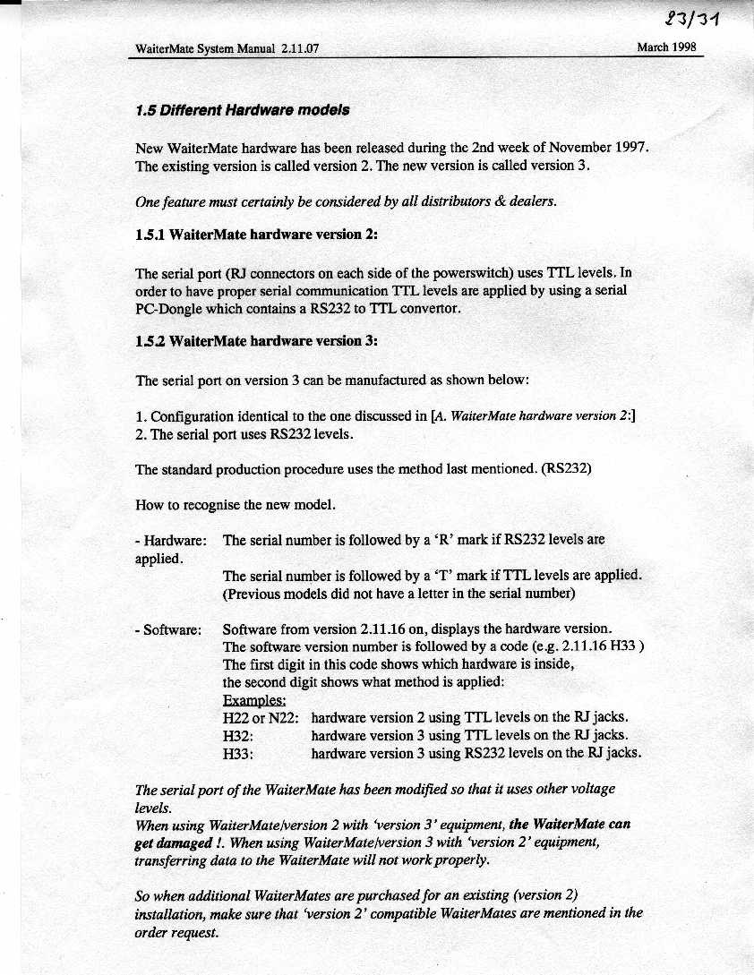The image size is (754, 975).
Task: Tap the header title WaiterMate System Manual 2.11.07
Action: click(x=227, y=49)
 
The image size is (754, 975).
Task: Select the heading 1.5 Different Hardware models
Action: click(x=242, y=111)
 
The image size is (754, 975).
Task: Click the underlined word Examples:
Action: click(x=254, y=700)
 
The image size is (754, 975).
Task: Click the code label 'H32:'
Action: click(x=238, y=735)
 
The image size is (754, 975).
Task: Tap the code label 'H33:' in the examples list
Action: click(x=238, y=753)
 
